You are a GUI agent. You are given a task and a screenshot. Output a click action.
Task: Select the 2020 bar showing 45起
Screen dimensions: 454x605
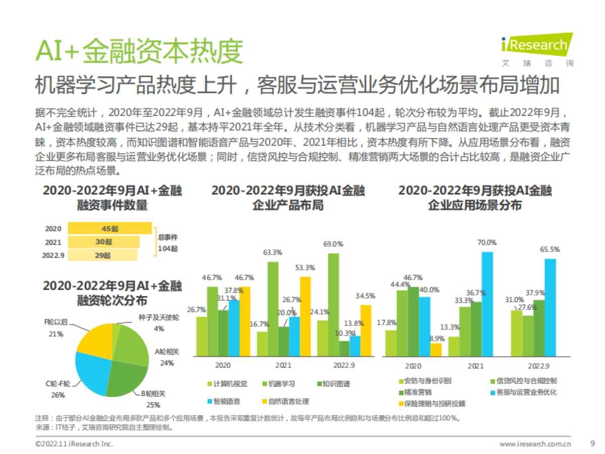[x=109, y=229]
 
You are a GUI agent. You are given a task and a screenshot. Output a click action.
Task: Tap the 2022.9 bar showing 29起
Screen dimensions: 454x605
[x=102, y=255]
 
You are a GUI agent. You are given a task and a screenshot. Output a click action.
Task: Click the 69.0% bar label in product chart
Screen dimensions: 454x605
[x=333, y=244]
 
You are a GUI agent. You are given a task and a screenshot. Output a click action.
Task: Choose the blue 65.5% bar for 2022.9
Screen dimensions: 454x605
[x=550, y=307]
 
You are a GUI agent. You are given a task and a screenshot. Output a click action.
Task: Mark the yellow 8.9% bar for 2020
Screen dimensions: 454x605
[x=435, y=349]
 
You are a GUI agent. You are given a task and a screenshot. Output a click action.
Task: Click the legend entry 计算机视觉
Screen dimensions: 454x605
[x=227, y=384]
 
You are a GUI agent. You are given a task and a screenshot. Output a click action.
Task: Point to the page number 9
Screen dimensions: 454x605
[x=592, y=444]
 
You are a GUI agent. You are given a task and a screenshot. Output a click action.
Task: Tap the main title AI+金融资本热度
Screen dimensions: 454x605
[x=139, y=51]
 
